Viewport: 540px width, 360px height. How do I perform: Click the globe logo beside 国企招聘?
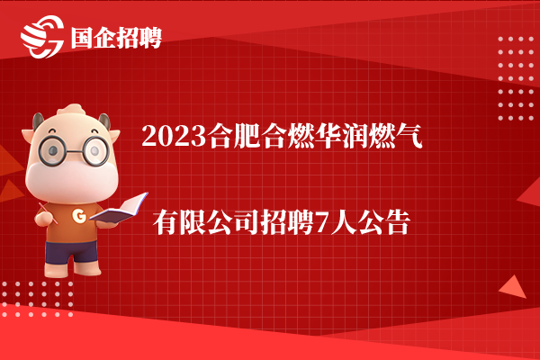(42, 37)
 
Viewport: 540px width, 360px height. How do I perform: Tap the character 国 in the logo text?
(82, 38)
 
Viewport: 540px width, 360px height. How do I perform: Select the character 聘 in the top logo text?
(150, 38)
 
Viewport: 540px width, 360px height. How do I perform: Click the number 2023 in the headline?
(174, 137)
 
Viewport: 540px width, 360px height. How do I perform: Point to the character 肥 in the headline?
(247, 137)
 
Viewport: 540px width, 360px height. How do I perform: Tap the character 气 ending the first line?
(409, 137)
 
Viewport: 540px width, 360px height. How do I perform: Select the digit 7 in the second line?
(322, 223)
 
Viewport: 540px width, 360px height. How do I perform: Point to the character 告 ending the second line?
(398, 223)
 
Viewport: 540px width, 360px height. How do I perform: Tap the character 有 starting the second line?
(166, 223)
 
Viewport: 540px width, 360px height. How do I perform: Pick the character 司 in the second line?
(247, 223)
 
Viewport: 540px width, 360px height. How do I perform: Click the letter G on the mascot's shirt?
(79, 216)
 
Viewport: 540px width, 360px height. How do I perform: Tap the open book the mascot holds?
(119, 209)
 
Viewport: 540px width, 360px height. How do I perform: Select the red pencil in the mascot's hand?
(48, 213)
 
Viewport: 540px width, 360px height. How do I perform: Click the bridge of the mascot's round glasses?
(74, 151)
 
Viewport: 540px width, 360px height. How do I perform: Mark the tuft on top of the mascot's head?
(71, 110)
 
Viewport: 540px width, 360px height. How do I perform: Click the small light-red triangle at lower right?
(513, 287)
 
